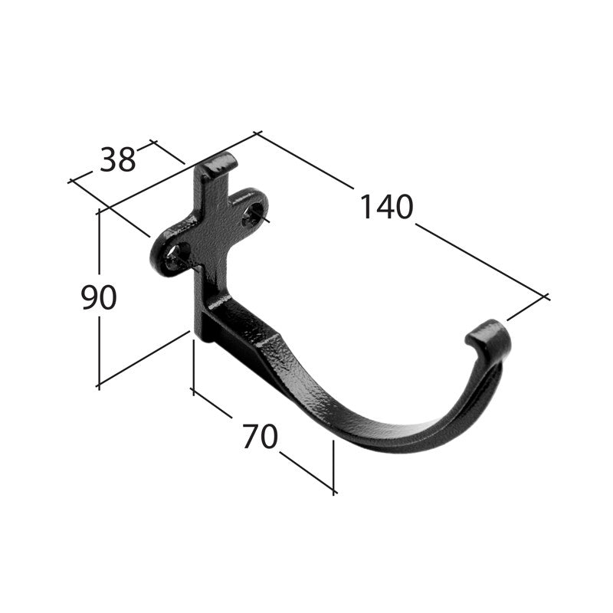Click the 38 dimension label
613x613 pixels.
pos(118,160)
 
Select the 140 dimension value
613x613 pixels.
pos(387,207)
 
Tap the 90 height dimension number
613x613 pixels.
pos(99,298)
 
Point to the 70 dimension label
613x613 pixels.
pos(259,437)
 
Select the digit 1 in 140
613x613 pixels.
pos(366,207)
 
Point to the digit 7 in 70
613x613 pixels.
pos(250,437)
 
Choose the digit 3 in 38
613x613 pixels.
pos(108,160)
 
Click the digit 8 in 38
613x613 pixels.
pos(127,160)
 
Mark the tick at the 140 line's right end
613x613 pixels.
pos(545,296)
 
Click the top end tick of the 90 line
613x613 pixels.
pos(99,212)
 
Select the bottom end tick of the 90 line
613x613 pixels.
pos(98,385)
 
